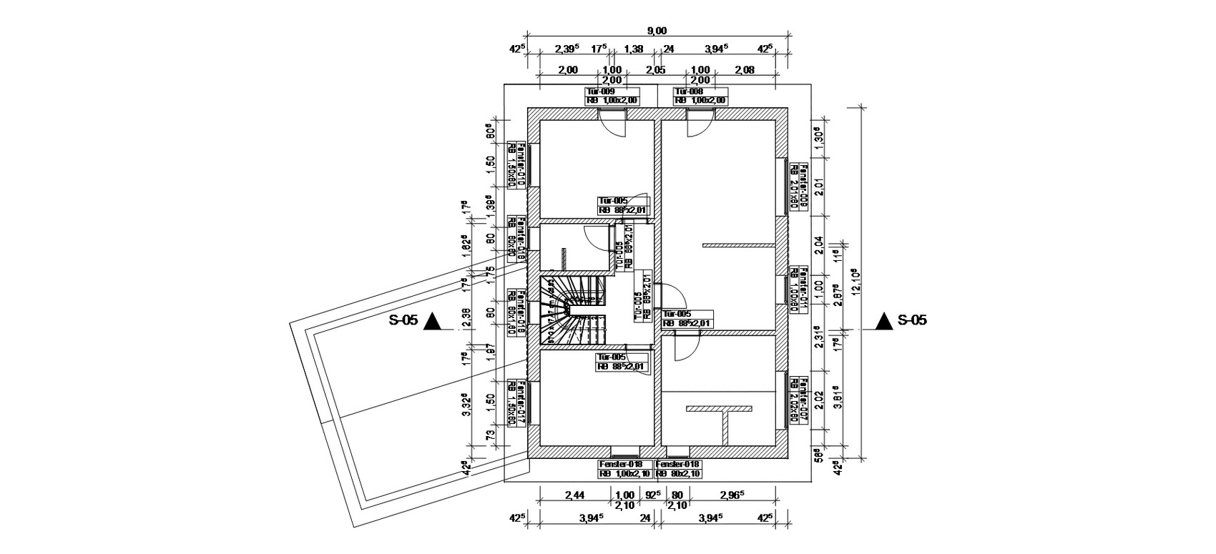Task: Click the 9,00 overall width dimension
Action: click(x=657, y=30)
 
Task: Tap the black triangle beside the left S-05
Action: click(x=433, y=322)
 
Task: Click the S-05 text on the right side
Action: click(x=912, y=320)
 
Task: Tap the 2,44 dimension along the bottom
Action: click(x=575, y=495)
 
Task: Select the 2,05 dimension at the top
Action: click(x=655, y=69)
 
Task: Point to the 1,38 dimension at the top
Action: click(x=633, y=49)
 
